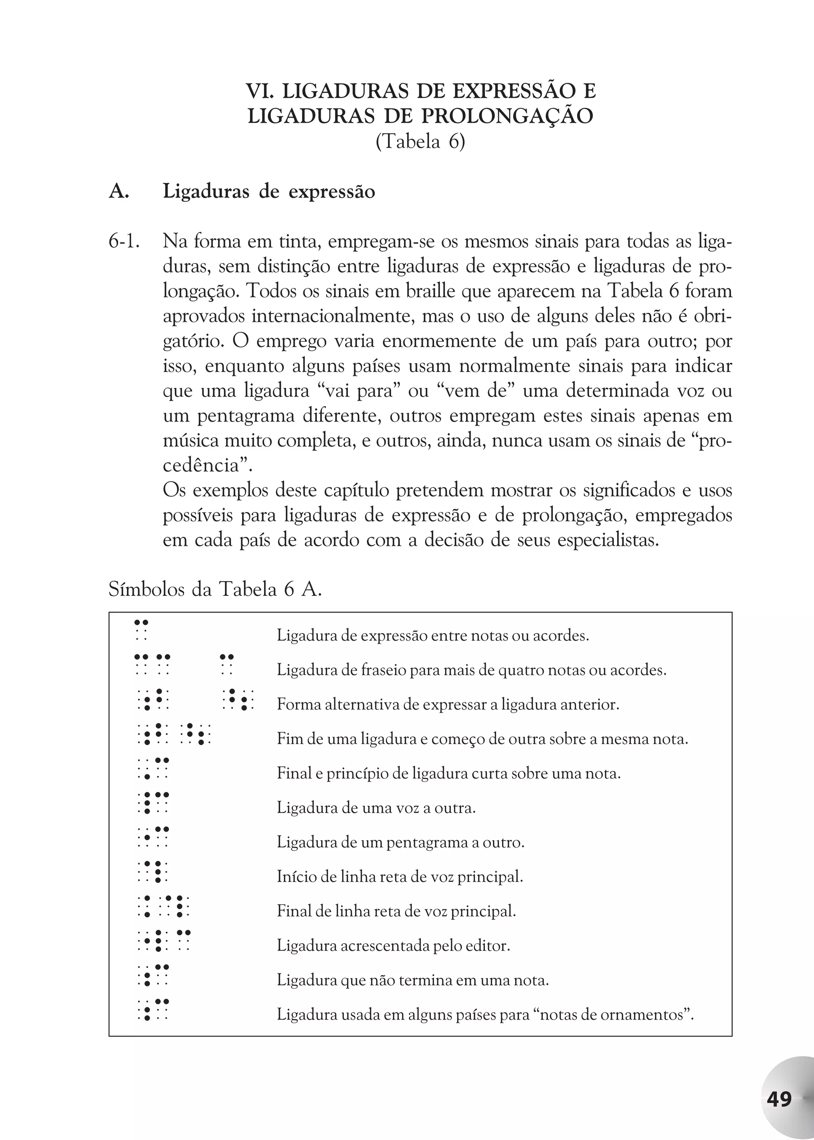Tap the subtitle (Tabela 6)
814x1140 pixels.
(x=420, y=142)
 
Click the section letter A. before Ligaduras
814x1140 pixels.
(x=119, y=192)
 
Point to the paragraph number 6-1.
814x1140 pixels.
(x=123, y=242)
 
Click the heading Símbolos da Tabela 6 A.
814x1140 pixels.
(x=215, y=590)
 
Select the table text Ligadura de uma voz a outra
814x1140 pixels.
(x=376, y=808)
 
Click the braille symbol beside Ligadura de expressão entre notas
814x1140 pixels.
(x=141, y=630)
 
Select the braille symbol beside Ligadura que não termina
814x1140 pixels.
(x=153, y=975)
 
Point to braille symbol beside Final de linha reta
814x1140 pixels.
(x=163, y=906)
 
